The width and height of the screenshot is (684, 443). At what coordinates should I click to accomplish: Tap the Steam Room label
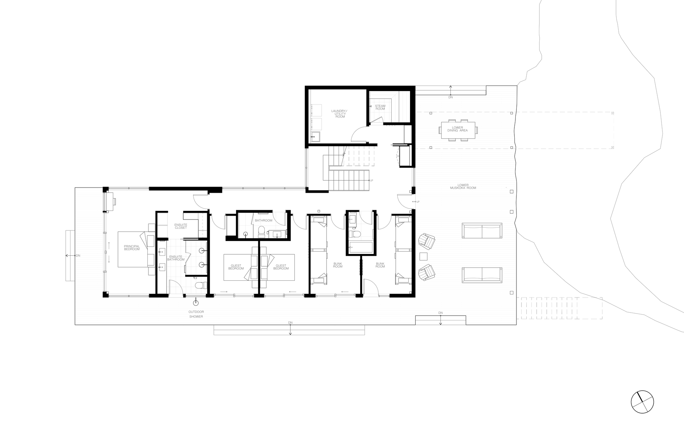click(380, 107)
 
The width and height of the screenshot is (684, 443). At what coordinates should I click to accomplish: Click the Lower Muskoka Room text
click(463, 187)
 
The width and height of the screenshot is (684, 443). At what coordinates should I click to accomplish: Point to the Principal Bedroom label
click(132, 248)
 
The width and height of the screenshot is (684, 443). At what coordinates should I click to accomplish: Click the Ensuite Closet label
click(181, 226)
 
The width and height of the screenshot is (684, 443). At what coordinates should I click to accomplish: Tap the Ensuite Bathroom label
click(176, 258)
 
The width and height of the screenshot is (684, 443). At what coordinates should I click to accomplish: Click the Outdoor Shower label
click(196, 314)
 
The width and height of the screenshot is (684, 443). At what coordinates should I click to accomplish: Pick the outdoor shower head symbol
click(196, 302)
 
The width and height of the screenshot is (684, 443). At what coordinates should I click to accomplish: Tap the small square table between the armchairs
click(423, 256)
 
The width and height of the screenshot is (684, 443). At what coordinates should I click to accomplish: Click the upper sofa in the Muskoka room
click(482, 231)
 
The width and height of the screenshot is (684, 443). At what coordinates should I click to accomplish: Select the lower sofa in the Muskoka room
click(482, 275)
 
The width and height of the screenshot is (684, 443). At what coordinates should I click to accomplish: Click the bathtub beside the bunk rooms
click(360, 247)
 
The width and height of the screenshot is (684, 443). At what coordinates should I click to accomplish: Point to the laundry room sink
click(316, 137)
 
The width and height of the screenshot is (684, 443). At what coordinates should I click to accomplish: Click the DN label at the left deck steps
click(78, 255)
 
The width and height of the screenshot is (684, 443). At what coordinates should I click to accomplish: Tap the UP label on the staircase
click(371, 180)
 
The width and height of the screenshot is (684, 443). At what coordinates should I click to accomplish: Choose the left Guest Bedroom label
click(236, 267)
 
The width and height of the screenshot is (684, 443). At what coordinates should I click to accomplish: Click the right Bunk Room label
click(380, 265)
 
